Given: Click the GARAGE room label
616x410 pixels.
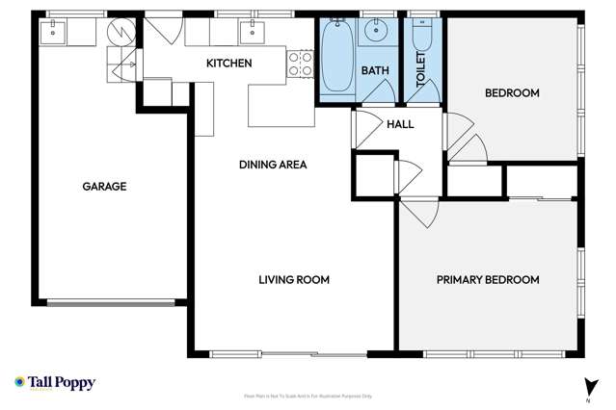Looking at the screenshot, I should tap(104, 187).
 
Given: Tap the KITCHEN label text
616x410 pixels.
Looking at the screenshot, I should tap(229, 64).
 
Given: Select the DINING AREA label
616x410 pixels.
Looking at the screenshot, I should tap(273, 165).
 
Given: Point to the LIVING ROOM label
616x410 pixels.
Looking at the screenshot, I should tap(294, 280).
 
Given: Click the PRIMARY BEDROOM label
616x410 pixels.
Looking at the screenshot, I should tap(488, 280).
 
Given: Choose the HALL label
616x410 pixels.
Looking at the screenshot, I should tap(400, 124).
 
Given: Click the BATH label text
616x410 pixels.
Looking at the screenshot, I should tap(374, 71).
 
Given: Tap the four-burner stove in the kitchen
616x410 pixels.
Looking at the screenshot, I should tap(302, 64).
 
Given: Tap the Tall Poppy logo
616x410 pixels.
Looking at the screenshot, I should tap(55, 383).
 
